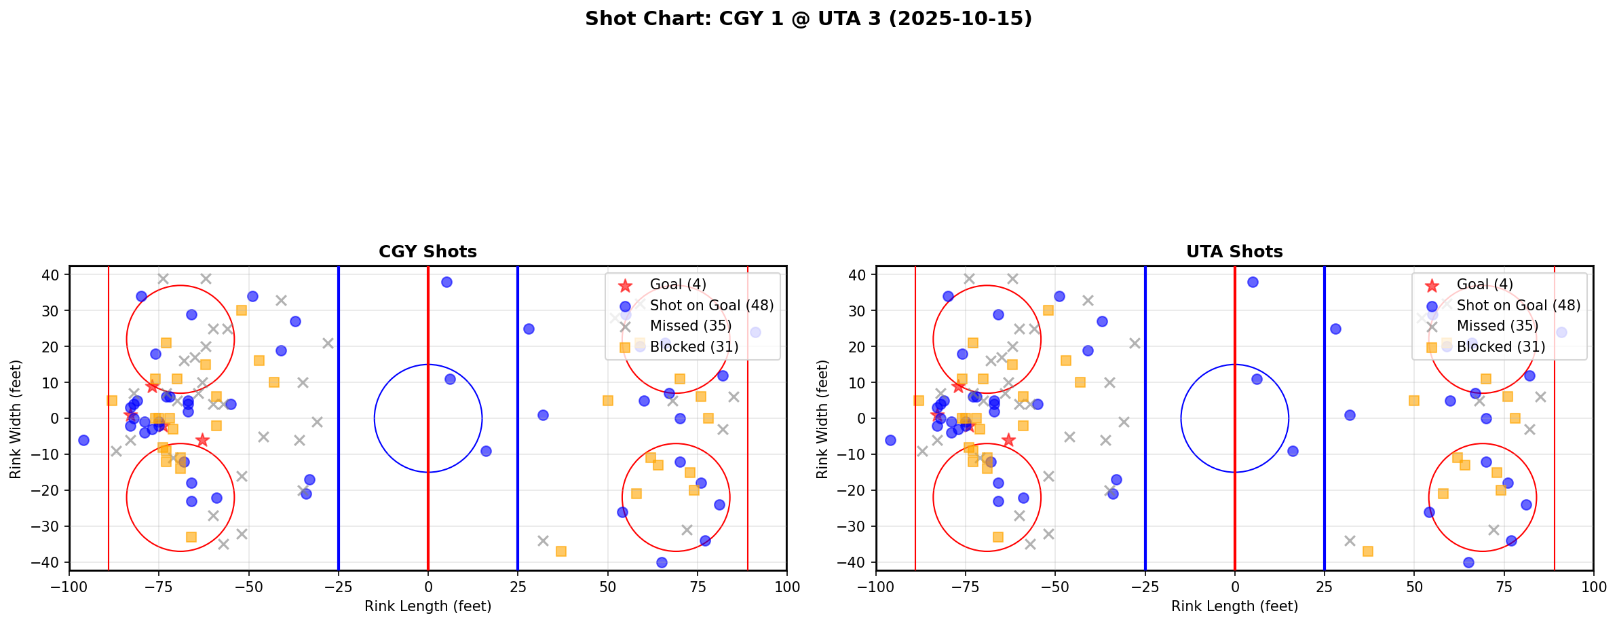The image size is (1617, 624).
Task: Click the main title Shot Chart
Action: pyautogui.click(x=808, y=18)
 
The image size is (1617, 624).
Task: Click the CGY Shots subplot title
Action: pyautogui.click(x=427, y=252)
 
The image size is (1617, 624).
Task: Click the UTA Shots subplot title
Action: pyautogui.click(x=1234, y=252)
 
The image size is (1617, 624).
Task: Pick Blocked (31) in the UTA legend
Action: pyautogui.click(x=1500, y=347)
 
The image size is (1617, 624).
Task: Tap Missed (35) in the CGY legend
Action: pyautogui.click(x=690, y=326)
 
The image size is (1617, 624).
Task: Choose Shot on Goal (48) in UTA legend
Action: pyautogui.click(x=1518, y=306)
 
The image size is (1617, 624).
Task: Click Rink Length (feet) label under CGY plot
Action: pyautogui.click(x=427, y=606)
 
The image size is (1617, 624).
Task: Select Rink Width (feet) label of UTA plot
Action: pyautogui.click(x=822, y=419)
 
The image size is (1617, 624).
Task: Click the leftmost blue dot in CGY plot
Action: pyautogui.click(x=83, y=440)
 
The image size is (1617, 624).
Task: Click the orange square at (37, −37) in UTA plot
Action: pyautogui.click(x=1367, y=551)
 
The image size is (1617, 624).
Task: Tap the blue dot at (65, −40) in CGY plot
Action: pyautogui.click(x=662, y=562)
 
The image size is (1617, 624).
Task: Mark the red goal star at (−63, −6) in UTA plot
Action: pyautogui.click(x=1008, y=440)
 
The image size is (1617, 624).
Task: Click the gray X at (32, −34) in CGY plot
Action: pyautogui.click(x=543, y=540)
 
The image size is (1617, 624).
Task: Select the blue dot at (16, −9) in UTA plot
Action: pyautogui.click(x=1293, y=451)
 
